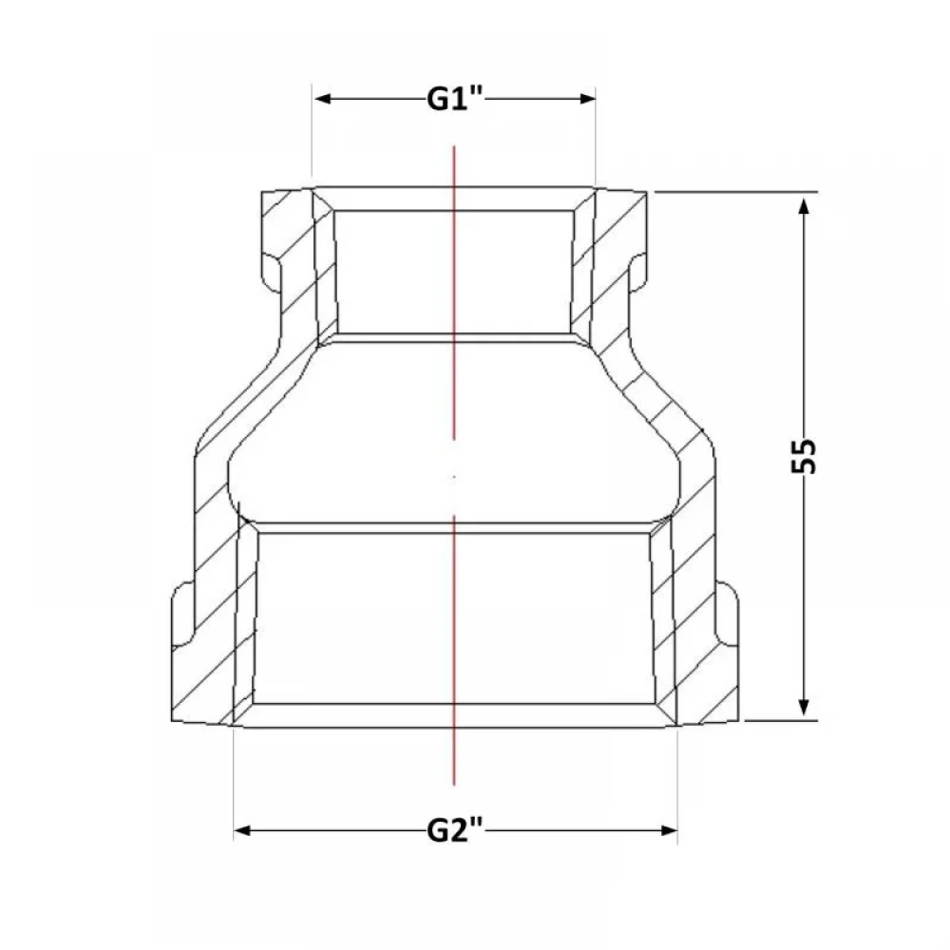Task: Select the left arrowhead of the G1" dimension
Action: (323, 99)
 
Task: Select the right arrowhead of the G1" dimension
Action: (587, 99)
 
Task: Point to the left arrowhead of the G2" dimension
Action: (243, 830)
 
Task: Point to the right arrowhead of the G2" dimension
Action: (668, 830)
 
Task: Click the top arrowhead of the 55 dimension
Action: (804, 206)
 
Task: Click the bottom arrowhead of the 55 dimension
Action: (804, 707)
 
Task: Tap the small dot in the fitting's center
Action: (454, 477)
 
